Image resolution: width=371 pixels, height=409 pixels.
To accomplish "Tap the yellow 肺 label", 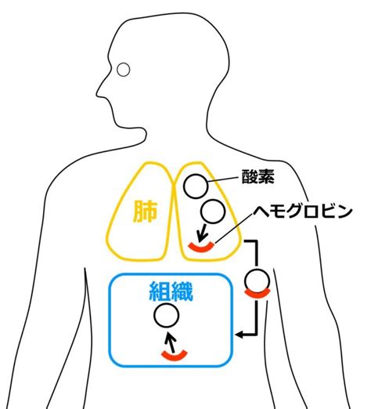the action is coord(145,212).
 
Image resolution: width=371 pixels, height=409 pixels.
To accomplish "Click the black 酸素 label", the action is coord(258,177).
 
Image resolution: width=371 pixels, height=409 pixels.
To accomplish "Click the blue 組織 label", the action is coord(171,291).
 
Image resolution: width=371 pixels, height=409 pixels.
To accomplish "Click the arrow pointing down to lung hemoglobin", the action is coord(202,232).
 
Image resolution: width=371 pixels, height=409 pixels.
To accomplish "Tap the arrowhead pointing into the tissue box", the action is coord(239,335).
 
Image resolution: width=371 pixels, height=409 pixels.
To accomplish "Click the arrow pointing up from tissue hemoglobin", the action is coord(171,342).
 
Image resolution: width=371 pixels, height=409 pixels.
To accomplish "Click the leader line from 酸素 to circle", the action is coord(223,179).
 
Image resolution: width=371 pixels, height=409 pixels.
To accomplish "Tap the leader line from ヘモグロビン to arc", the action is coord(234,229).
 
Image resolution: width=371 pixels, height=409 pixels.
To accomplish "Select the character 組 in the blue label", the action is coord(160,291).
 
